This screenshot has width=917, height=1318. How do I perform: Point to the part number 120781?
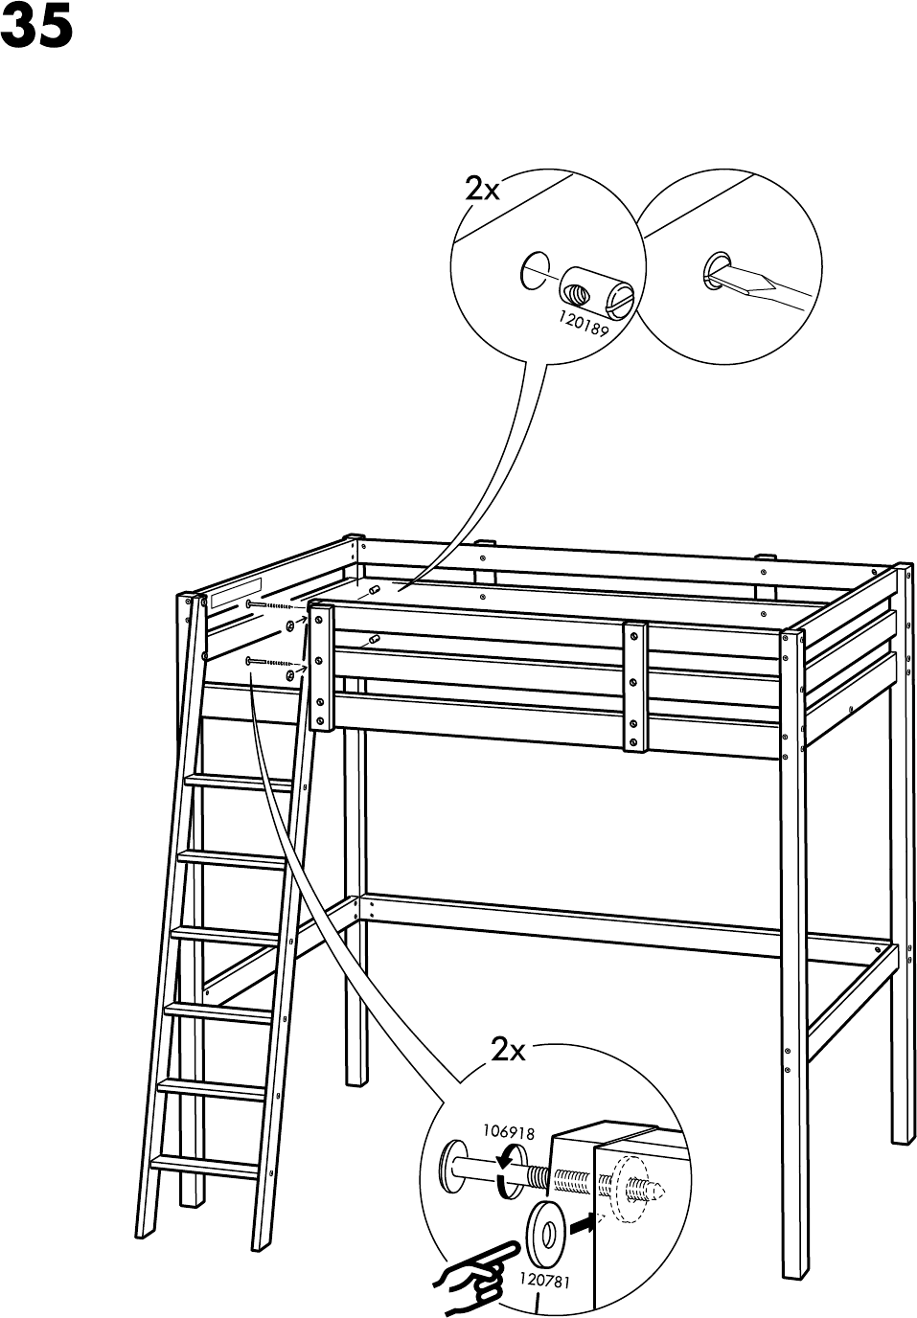click(544, 1280)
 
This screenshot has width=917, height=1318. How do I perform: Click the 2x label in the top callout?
click(482, 189)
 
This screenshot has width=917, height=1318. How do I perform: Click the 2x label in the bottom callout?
click(509, 1051)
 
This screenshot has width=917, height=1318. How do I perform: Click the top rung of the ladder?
click(240, 782)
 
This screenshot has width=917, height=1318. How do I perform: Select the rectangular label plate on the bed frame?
click(236, 594)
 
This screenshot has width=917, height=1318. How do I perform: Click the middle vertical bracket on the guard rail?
click(633, 685)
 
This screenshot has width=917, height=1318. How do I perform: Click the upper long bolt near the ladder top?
click(273, 606)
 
